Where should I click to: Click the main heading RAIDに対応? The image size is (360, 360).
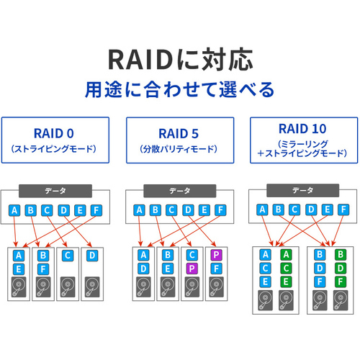tap(181, 59)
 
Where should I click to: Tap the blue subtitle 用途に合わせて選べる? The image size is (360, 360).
tap(179, 89)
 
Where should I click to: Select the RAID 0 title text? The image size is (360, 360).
tap(54, 133)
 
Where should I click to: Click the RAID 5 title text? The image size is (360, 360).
tap(179, 134)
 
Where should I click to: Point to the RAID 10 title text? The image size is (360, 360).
tap(302, 129)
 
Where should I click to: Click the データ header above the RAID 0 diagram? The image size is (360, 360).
tap(55, 191)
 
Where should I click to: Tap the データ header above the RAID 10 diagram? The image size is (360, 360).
tap(303, 190)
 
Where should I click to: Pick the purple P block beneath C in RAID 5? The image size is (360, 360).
tap(192, 269)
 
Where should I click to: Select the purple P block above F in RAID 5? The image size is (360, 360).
tap(216, 255)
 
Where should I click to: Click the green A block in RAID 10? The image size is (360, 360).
tap(286, 254)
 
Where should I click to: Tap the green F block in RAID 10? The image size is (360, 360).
tap(341, 282)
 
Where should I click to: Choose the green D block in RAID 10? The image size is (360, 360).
tap(341, 268)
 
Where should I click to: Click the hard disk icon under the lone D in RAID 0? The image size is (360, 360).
tap(92, 287)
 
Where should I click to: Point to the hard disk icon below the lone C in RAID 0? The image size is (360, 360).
tap(68, 287)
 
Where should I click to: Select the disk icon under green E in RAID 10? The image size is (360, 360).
tap(286, 300)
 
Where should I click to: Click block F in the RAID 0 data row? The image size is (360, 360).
tap(96, 210)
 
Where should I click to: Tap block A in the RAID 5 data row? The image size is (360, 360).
tap(139, 210)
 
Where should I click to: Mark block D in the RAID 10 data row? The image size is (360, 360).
tap(311, 210)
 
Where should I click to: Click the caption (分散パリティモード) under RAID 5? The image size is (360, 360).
tap(179, 149)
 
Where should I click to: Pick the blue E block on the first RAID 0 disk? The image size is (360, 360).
tap(19, 269)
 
